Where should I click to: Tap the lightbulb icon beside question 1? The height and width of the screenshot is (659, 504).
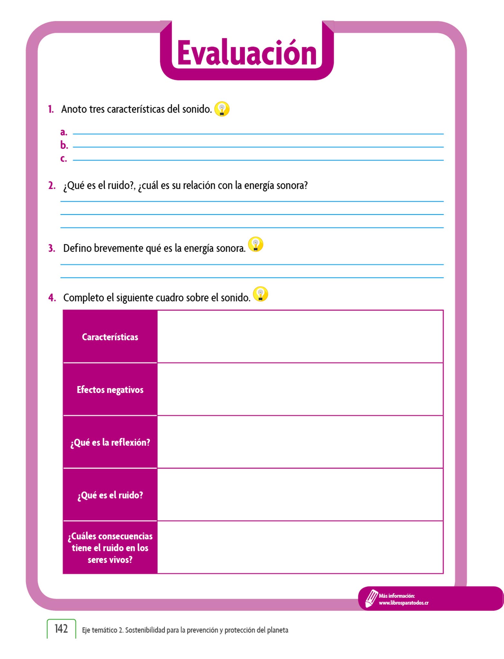pyautogui.click(x=222, y=109)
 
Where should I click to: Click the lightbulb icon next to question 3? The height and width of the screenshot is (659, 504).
pyautogui.click(x=256, y=245)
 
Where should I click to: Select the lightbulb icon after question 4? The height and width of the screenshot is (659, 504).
pyautogui.click(x=260, y=294)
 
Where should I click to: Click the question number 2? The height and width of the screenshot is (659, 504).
pyautogui.click(x=52, y=186)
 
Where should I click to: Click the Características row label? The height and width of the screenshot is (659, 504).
pyautogui.click(x=110, y=337)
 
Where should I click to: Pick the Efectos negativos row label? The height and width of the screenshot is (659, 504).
pyautogui.click(x=110, y=390)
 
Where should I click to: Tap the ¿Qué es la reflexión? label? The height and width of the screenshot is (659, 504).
pyautogui.click(x=110, y=442)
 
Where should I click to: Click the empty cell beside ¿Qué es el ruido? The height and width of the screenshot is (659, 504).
pyautogui.click(x=300, y=495)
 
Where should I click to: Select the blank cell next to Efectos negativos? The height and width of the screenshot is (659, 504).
pyautogui.click(x=300, y=389)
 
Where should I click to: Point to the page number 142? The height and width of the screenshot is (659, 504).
pyautogui.click(x=61, y=629)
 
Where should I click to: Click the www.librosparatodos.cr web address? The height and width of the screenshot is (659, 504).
pyautogui.click(x=403, y=603)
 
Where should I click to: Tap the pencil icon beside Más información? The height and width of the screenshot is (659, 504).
pyautogui.click(x=371, y=598)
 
